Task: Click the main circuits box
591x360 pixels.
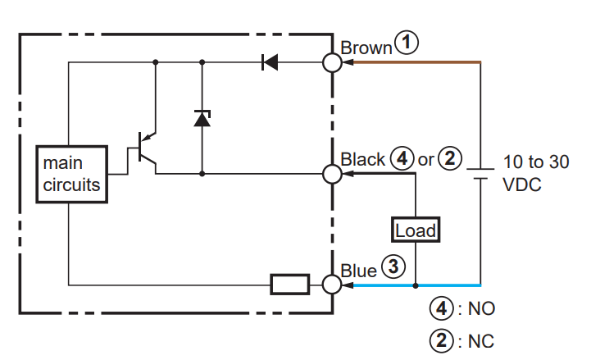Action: [71, 174]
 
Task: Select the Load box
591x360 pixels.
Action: [416, 230]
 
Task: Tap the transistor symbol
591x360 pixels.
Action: [146, 152]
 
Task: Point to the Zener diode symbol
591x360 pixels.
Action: [202, 118]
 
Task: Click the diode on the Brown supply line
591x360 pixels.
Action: [270, 62]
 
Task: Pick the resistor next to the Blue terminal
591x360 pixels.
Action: [290, 285]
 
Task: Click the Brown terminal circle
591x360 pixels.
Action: [333, 62]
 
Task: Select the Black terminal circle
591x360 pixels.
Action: [333, 174]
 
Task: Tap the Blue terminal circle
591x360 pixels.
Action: [333, 285]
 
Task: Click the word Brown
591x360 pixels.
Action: [366, 48]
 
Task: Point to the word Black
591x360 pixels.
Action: [363, 159]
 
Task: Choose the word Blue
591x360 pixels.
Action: [358, 271]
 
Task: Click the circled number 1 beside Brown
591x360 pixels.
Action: [407, 42]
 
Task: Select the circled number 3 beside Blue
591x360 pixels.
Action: [393, 267]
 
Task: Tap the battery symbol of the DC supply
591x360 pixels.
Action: [480, 174]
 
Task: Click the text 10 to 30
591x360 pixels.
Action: [536, 162]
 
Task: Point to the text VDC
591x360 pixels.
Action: [522, 185]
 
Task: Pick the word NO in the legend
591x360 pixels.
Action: [481, 308]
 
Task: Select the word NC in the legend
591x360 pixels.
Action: [481, 341]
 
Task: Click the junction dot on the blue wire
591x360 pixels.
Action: [416, 285]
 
